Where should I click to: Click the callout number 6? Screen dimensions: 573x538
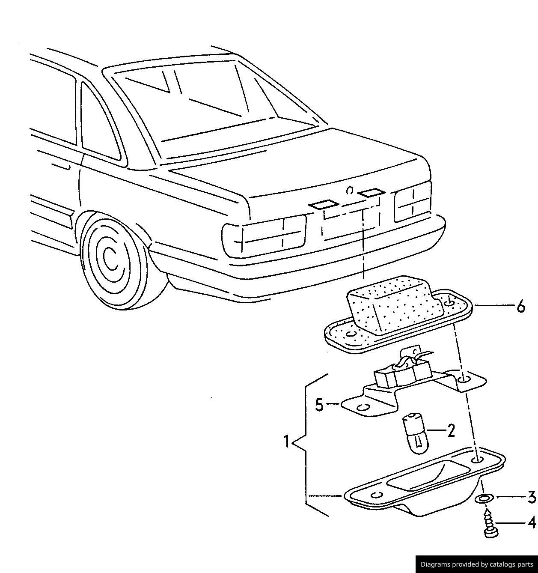520,306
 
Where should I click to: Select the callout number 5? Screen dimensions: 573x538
319,405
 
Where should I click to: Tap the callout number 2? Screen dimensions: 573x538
451,430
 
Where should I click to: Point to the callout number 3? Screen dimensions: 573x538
531,497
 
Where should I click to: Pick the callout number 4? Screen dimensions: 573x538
531,523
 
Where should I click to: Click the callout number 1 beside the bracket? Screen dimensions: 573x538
287,442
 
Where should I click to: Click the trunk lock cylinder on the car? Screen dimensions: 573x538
350,190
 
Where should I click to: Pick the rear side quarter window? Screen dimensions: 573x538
99,124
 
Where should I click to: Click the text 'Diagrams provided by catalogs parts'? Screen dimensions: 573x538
476,564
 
